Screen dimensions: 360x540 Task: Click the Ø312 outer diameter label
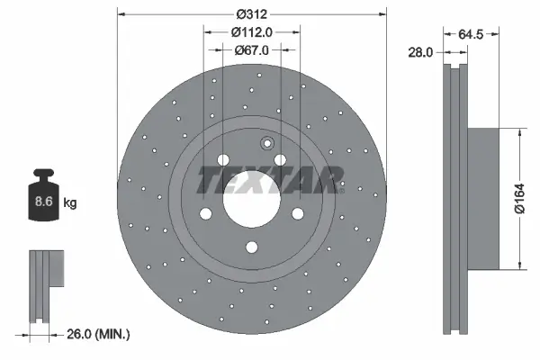point(252,13)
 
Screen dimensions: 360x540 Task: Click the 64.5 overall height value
point(472,35)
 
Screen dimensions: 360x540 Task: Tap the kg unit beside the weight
point(70,203)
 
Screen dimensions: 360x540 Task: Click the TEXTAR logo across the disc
point(270,181)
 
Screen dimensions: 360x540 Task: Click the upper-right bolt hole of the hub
point(281,160)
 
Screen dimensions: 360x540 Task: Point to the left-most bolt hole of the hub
point(204,213)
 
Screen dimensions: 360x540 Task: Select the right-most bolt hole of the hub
point(299,213)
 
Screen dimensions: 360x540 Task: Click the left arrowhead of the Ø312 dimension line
point(121,13)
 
